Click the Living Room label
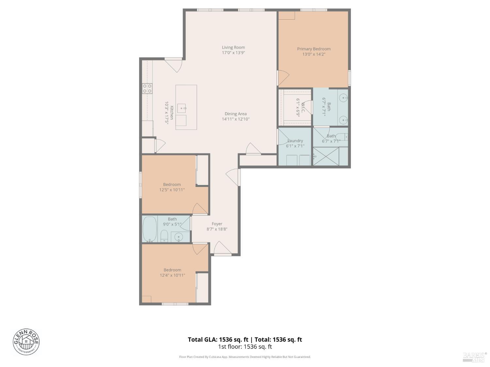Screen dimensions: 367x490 (233, 47)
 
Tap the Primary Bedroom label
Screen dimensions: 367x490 (314, 49)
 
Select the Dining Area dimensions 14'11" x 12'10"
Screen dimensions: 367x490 (236, 119)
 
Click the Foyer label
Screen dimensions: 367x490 (217, 224)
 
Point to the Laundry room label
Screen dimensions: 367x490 (295, 141)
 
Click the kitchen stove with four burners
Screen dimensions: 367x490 (147, 88)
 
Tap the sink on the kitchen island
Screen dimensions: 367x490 (182, 108)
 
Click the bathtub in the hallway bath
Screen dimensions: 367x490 (150, 229)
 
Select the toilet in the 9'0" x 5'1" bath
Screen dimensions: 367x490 (164, 236)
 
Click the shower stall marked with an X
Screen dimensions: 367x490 (326, 157)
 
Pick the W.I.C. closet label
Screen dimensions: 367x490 (303, 108)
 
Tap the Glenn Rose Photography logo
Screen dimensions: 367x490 (26, 342)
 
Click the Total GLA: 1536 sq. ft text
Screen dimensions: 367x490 (218, 340)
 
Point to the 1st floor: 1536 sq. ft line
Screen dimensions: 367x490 (245, 347)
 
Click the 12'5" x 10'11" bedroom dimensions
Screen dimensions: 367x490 (172, 190)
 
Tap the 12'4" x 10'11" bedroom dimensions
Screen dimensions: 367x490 (172, 275)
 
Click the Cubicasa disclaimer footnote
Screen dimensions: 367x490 (245, 357)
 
